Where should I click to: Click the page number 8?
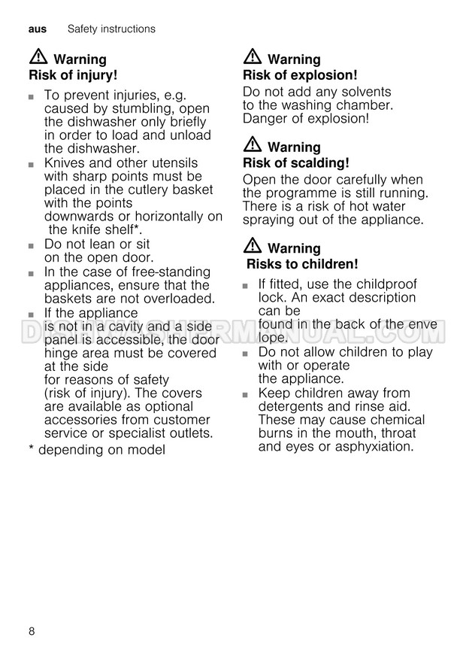pyautogui.click(x=32, y=630)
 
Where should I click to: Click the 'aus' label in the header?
pyautogui.click(x=37, y=29)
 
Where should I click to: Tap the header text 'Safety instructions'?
pyautogui.click(x=111, y=29)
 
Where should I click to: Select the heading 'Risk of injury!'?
pyautogui.click(x=73, y=75)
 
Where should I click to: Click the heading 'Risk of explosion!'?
pyautogui.click(x=300, y=75)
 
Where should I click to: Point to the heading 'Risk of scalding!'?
pyautogui.click(x=296, y=162)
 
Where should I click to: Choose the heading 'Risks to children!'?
pyautogui.click(x=302, y=264)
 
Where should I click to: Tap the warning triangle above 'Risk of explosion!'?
pyautogui.click(x=253, y=57)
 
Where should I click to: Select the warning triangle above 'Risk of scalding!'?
pyautogui.click(x=253, y=145)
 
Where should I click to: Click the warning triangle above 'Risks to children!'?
pyautogui.click(x=253, y=246)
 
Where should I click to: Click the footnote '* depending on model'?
pyautogui.click(x=96, y=450)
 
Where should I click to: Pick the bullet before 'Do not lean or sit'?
pyautogui.click(x=32, y=246)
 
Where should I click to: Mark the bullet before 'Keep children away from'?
pyautogui.click(x=246, y=394)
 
